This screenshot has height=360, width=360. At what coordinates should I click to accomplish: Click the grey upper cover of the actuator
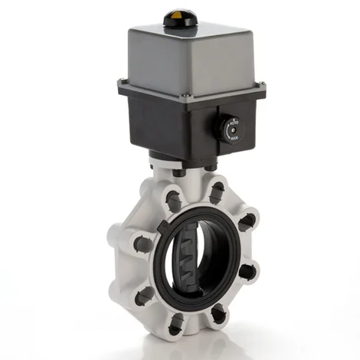[184, 54]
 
